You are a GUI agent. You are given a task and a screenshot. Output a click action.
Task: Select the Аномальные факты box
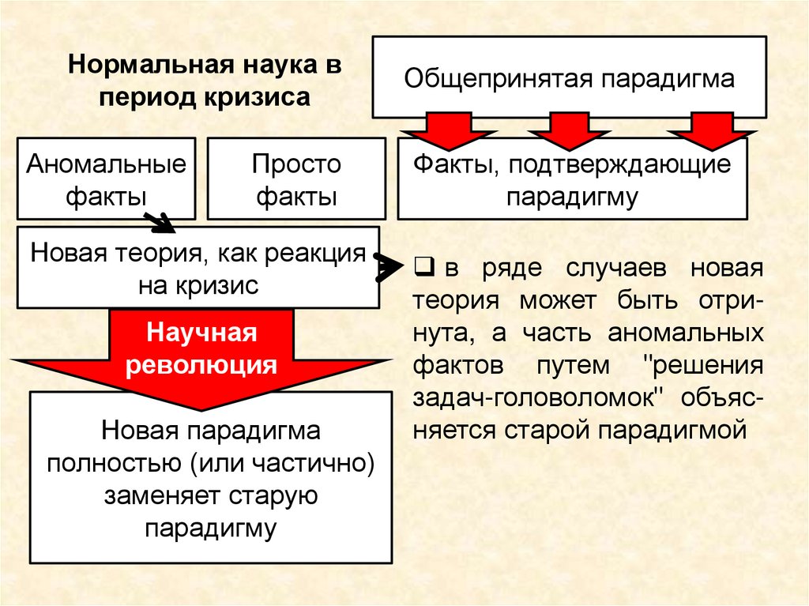(x=106, y=179)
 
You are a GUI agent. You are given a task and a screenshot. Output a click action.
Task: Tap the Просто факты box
(x=296, y=179)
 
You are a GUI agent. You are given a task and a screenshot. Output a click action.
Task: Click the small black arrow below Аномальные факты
(x=163, y=223)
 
